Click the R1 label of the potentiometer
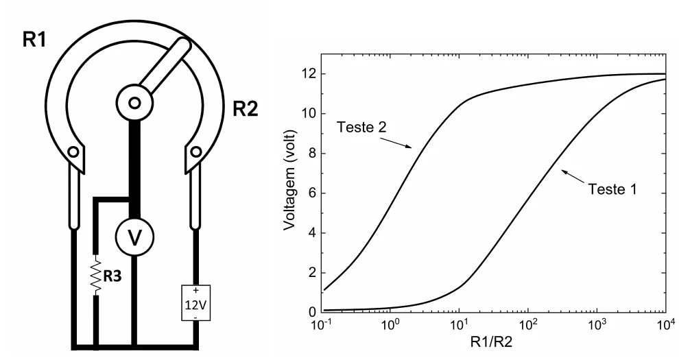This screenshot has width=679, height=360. tap(34, 40)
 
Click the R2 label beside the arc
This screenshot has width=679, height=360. tap(246, 108)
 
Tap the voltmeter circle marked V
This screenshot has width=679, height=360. tap(134, 237)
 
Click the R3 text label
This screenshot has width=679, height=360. tap(112, 276)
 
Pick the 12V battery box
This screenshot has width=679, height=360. tap(195, 303)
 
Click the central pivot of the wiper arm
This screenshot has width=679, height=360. tap(134, 103)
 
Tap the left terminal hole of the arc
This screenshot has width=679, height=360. tap(73, 152)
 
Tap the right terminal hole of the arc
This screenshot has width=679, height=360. tap(196, 152)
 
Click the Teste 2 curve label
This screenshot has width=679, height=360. tap(361, 128)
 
